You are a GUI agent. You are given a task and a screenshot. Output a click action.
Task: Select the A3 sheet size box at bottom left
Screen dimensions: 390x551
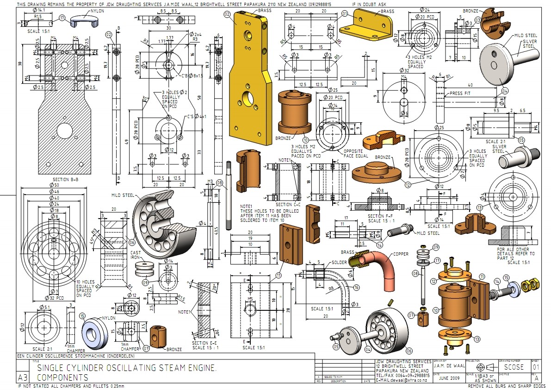click(x=22, y=376)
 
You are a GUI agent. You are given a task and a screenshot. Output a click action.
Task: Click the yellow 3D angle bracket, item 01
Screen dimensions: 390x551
click(x=365, y=25)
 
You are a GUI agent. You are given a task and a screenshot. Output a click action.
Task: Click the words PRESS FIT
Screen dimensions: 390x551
click(x=459, y=93)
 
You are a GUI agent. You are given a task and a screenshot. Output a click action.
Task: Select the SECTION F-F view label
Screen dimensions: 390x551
click(x=381, y=216)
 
